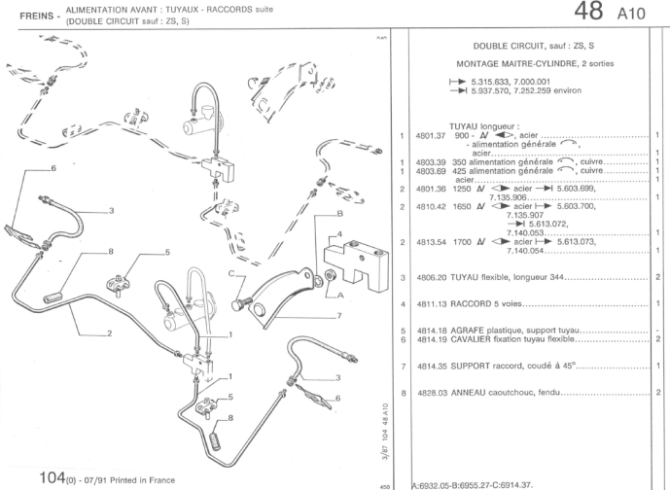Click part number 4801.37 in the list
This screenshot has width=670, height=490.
[x=430, y=135]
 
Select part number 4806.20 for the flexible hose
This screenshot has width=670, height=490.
[x=430, y=277]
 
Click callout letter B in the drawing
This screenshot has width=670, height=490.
[x=339, y=212]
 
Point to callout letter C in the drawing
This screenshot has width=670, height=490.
[x=230, y=274]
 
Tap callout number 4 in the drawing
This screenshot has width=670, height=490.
[x=340, y=233]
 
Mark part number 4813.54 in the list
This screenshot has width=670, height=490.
[x=430, y=241]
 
